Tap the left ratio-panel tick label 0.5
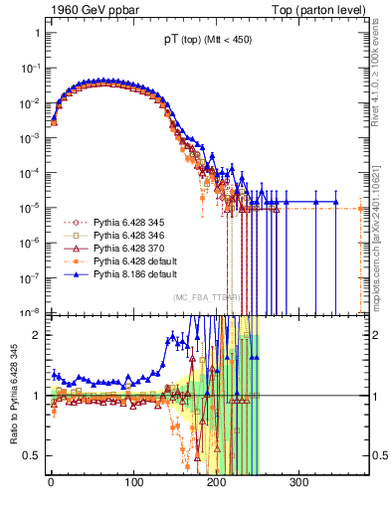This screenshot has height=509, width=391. [32, 455]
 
